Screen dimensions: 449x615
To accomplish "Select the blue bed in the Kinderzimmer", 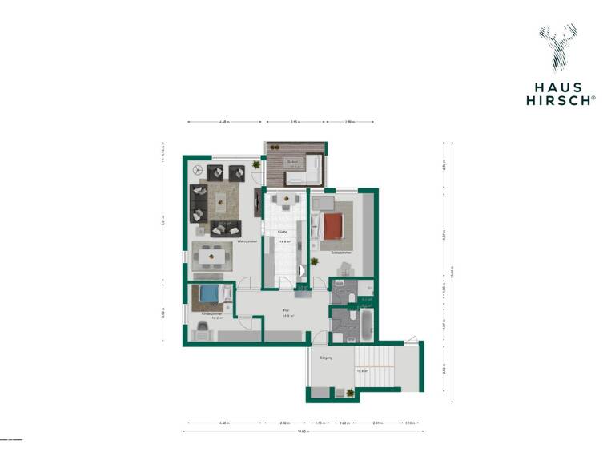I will click(209, 296).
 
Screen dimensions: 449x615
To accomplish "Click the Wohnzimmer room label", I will click(247, 241).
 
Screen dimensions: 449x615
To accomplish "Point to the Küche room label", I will click(283, 232).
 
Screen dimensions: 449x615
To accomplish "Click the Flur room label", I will click(285, 309).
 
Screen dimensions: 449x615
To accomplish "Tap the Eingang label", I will click(326, 358).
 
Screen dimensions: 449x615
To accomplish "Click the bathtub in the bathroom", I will click(366, 324).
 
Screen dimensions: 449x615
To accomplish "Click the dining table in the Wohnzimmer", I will click(212, 257).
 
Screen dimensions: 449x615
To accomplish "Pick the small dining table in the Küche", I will click(284, 198).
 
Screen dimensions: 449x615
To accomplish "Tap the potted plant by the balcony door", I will click(256, 165).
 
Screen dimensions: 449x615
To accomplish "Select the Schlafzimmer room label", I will click(340, 252).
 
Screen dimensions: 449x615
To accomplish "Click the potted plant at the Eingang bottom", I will click(351, 392).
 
